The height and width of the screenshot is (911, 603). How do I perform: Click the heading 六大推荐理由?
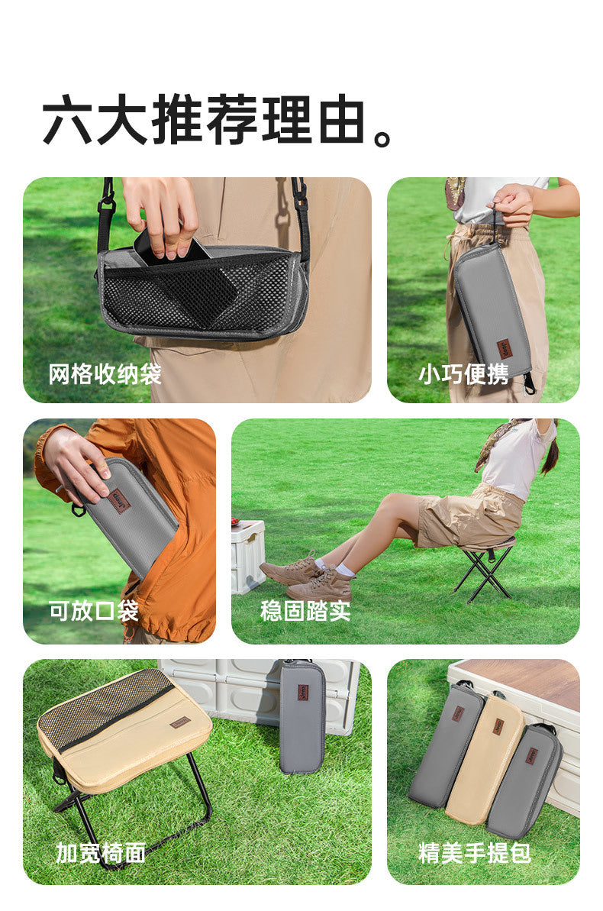click(x=204, y=120)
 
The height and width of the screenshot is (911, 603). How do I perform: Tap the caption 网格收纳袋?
click(x=105, y=373)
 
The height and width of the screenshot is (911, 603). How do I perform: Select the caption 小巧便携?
click(x=463, y=373)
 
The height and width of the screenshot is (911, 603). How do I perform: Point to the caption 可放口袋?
click(x=94, y=611)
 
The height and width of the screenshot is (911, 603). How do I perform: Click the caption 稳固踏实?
click(x=305, y=611)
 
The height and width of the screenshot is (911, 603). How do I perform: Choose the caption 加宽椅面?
click(x=101, y=853)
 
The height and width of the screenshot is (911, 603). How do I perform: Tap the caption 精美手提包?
click(x=475, y=853)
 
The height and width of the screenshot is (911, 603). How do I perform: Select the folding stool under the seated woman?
click(x=484, y=570)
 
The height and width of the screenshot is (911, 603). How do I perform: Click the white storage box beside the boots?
click(x=248, y=557)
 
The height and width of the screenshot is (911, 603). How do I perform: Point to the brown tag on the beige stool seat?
click(x=180, y=723)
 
